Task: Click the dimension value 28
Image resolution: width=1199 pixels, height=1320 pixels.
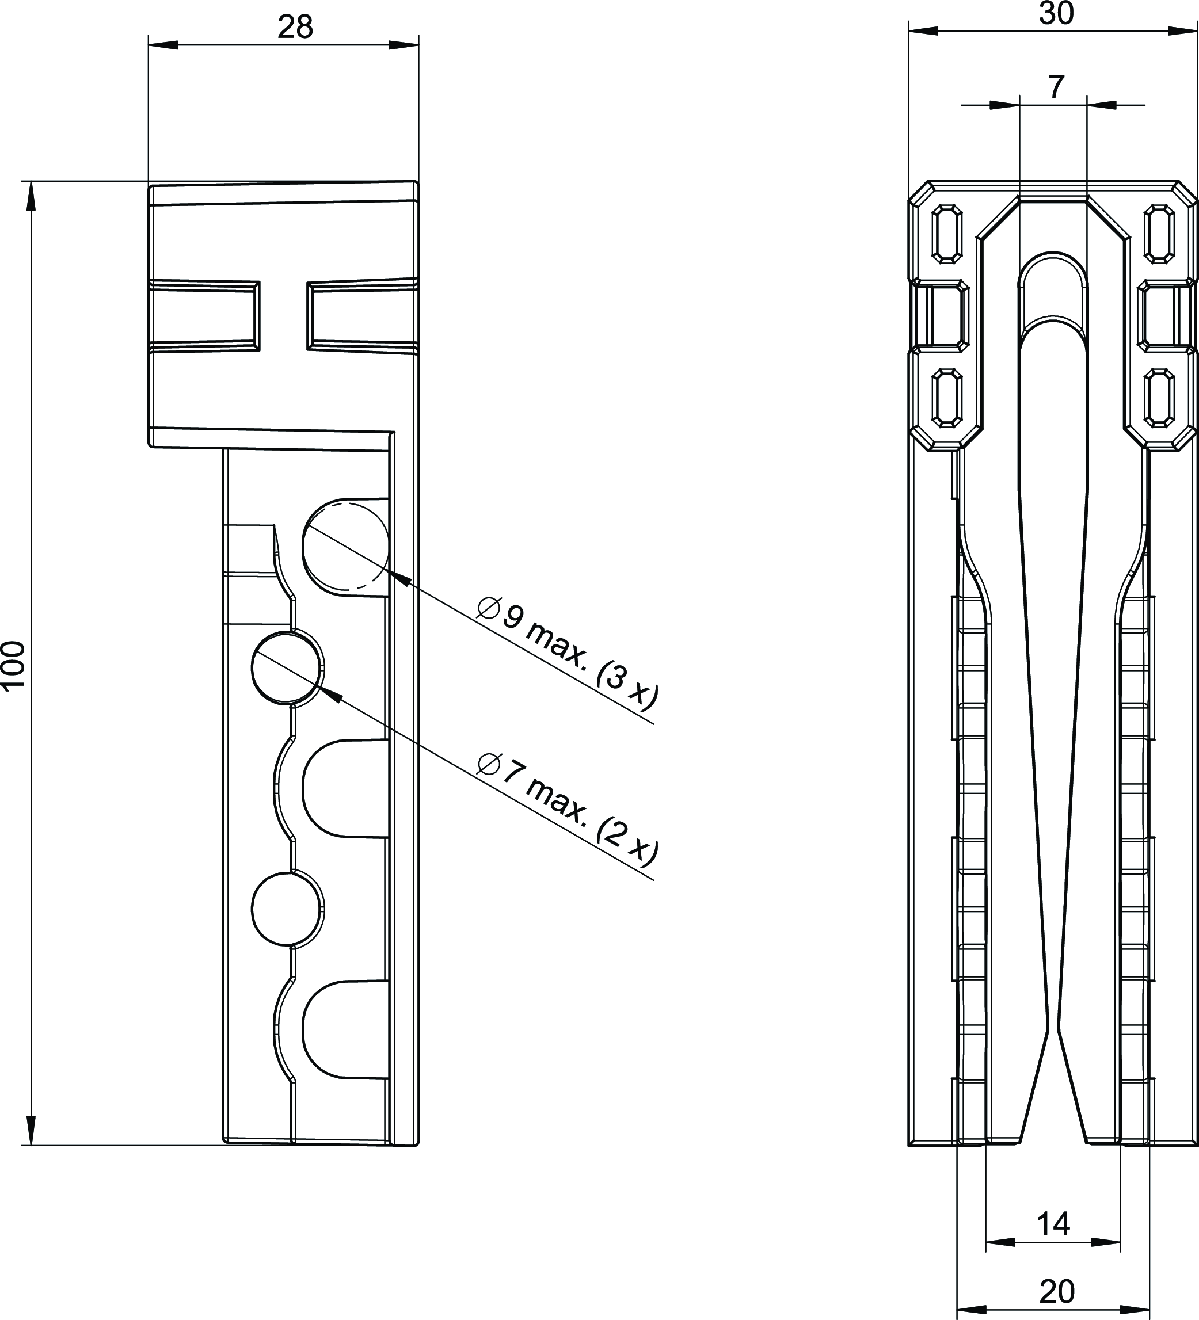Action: [295, 28]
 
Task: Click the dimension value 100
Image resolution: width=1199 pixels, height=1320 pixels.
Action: [13, 665]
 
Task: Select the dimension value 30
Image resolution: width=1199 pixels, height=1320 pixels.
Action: [1056, 13]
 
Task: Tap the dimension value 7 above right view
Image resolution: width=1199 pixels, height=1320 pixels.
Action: [1056, 86]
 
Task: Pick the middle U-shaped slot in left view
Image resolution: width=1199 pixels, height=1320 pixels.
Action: [346, 789]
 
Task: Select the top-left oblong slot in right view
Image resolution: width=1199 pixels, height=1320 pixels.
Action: [946, 234]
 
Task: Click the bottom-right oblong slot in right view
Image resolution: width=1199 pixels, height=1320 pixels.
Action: [1159, 399]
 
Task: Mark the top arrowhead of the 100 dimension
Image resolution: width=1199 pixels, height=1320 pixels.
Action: [30, 196]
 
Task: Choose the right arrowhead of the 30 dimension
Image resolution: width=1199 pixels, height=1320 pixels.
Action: [1184, 30]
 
